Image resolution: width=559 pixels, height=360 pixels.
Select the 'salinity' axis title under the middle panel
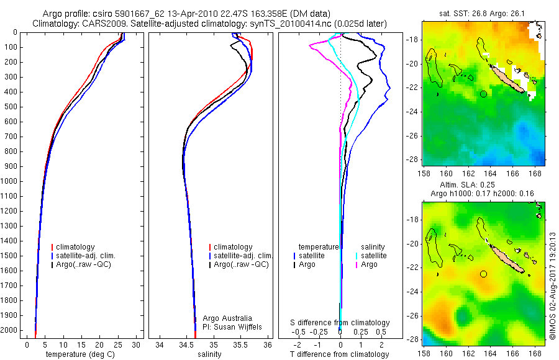(209, 354)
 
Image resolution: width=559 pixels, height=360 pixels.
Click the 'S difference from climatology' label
(340, 323)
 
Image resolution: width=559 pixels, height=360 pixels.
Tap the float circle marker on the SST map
(483, 94)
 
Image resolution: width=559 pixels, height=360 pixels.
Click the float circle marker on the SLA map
(483, 274)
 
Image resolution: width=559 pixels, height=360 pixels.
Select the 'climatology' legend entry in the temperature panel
(76, 247)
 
